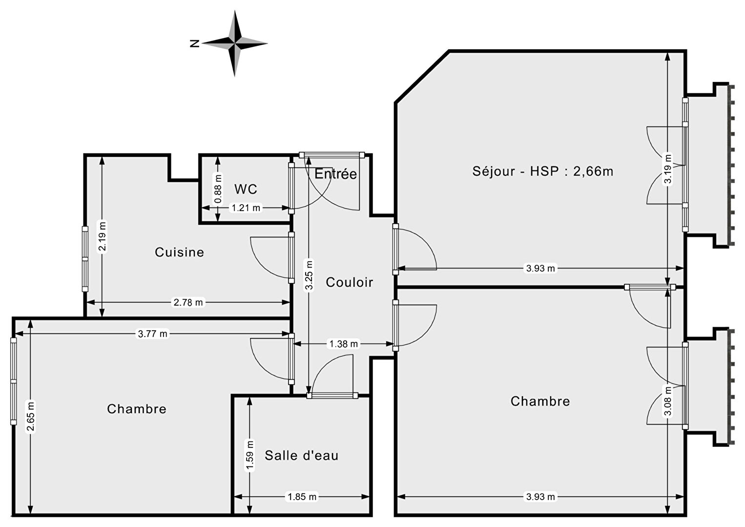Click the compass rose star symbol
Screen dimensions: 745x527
(234, 43)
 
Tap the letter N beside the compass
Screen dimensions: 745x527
(195, 43)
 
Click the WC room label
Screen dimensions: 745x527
(246, 189)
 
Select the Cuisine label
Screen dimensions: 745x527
(179, 252)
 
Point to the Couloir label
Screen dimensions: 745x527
(349, 282)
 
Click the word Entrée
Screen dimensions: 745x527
(335, 174)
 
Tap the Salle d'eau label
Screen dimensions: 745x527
(301, 456)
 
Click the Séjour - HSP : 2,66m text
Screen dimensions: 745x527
(543, 171)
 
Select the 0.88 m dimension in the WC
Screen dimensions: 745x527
(218, 190)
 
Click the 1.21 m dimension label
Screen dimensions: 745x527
(246, 208)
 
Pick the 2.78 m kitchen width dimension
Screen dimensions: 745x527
(188, 302)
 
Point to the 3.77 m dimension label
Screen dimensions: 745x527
(153, 334)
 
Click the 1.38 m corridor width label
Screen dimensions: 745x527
(344, 344)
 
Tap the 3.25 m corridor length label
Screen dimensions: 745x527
(309, 275)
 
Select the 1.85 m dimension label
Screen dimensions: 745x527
(302, 497)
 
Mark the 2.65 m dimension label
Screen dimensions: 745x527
(31, 416)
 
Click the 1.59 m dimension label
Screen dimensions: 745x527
(250, 456)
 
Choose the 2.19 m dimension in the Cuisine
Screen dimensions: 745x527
(102, 236)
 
